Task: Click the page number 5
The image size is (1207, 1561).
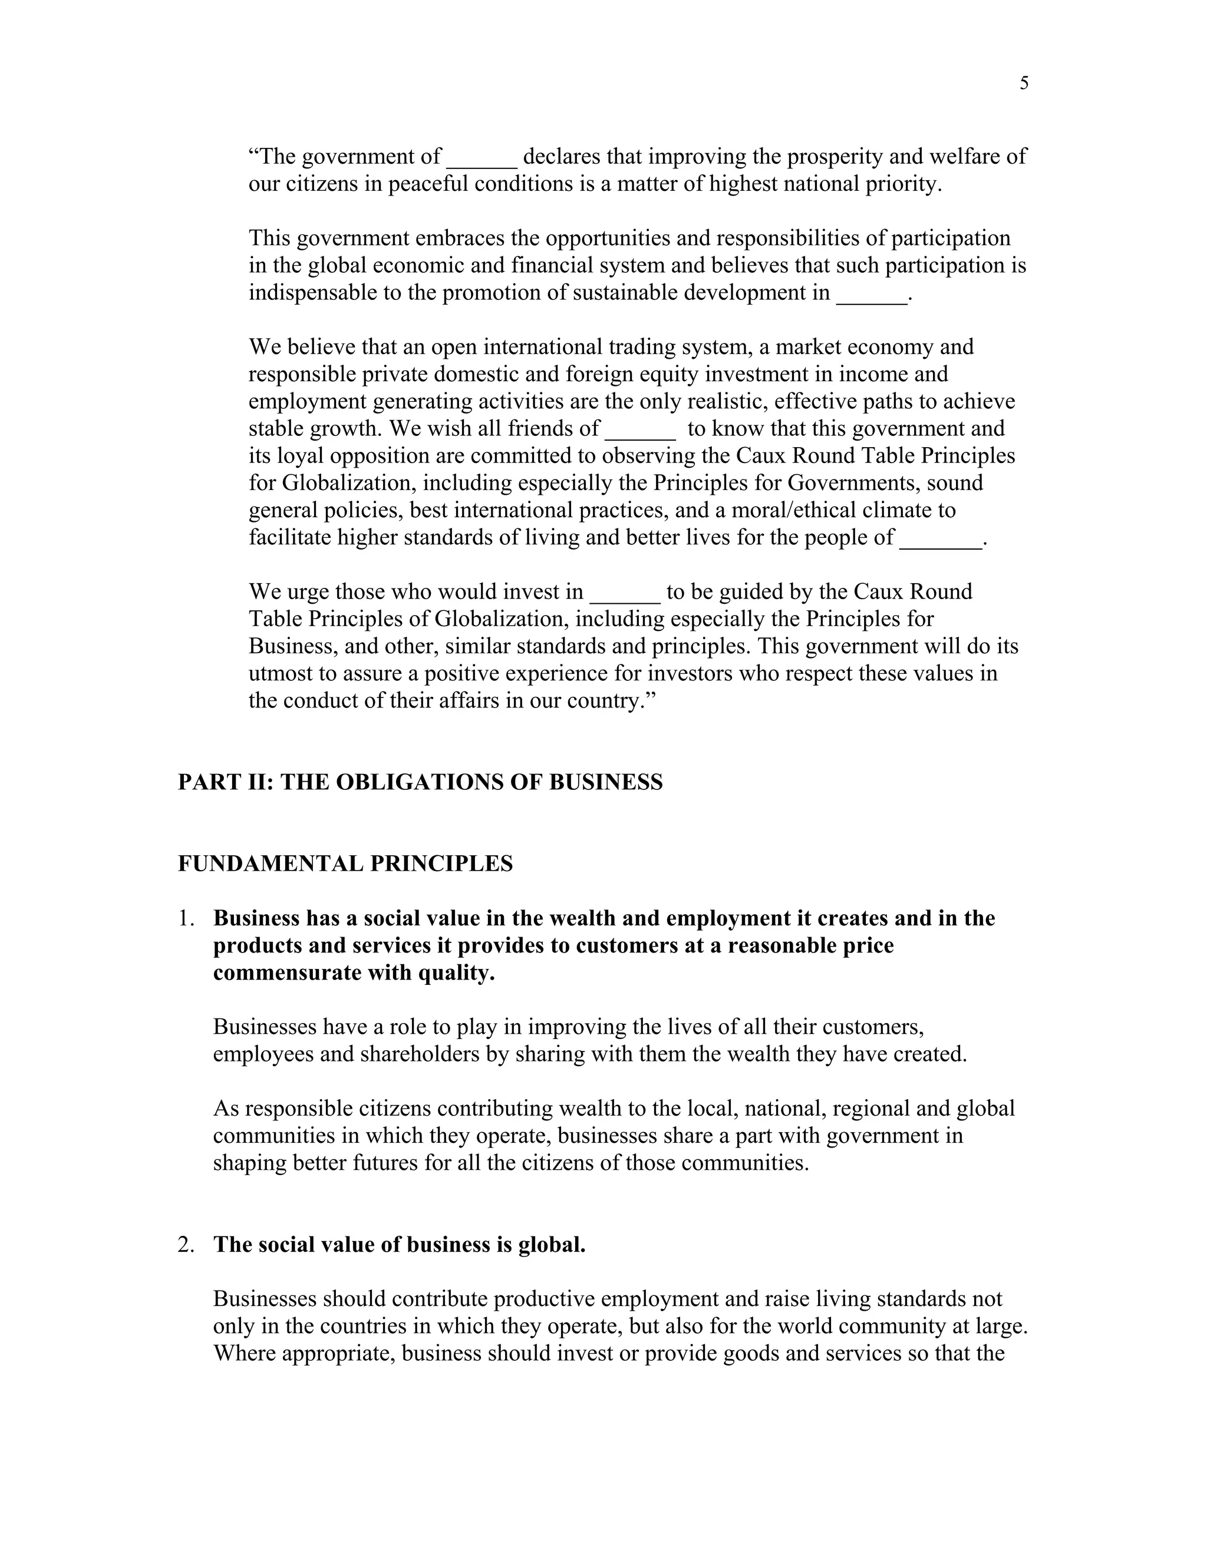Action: tap(1024, 84)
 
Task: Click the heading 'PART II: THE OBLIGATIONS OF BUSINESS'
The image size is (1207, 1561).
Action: tap(420, 782)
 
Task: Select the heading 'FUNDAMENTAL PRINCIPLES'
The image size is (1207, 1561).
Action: tap(345, 864)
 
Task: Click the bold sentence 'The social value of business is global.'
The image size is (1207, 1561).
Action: tap(399, 1244)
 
